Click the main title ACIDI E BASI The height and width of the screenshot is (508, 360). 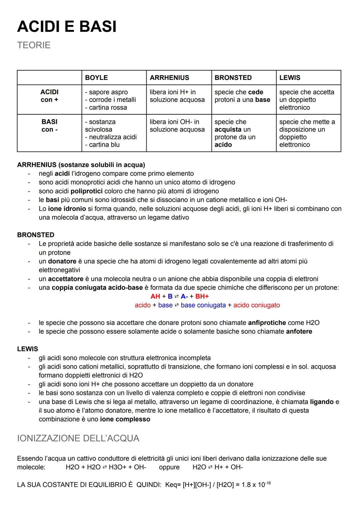pyautogui.click(x=67, y=26)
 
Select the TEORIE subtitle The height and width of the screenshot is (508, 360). pyautogui.click(x=34, y=45)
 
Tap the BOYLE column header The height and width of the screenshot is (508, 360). pyautogui.click(x=96, y=78)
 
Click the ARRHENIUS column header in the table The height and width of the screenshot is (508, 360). pyautogui.click(x=169, y=78)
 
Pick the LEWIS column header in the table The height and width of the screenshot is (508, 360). pyautogui.click(x=290, y=78)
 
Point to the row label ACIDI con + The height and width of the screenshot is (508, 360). pyautogui.click(x=49, y=96)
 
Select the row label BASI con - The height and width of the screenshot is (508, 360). pyautogui.click(x=49, y=126)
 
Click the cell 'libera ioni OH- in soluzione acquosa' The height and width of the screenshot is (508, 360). pyautogui.click(x=177, y=126)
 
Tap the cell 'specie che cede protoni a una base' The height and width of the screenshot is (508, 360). pyautogui.click(x=242, y=96)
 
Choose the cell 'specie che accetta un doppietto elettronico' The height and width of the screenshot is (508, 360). pyautogui.click(x=306, y=100)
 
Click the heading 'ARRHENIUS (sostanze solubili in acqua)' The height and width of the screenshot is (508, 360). pyautogui.click(x=81, y=165)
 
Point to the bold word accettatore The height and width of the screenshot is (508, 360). pyautogui.click(x=66, y=279)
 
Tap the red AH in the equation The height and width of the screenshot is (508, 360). pyautogui.click(x=155, y=296)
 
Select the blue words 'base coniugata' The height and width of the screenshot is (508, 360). pyautogui.click(x=203, y=305)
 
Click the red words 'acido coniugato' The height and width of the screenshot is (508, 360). pyautogui.click(x=256, y=305)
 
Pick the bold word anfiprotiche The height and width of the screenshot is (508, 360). pyautogui.click(x=267, y=323)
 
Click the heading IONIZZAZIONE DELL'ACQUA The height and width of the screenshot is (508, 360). pyautogui.click(x=78, y=438)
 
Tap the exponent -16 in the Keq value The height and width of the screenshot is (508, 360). pyautogui.click(x=268, y=483)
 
